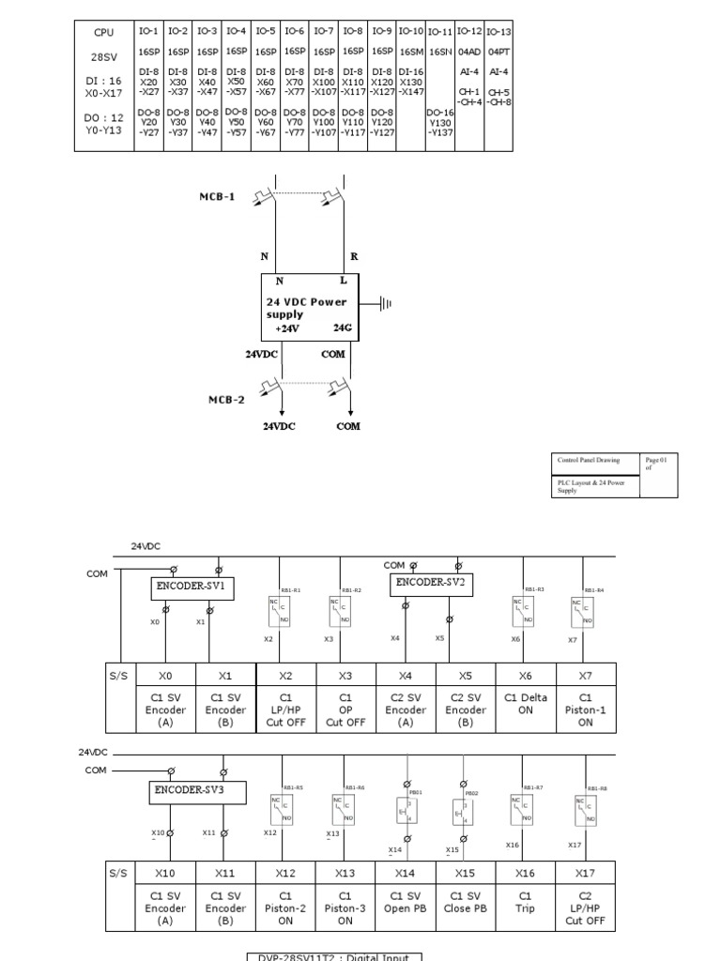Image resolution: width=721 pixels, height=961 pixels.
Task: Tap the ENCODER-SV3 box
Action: click(x=196, y=792)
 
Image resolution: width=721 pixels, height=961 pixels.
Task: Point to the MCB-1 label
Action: click(x=217, y=198)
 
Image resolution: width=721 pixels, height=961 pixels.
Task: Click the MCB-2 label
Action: click(x=226, y=399)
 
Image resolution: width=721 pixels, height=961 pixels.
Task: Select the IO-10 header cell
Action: click(x=411, y=31)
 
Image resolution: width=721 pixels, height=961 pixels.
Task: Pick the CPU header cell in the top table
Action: click(x=103, y=32)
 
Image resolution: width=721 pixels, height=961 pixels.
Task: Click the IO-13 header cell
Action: click(x=499, y=32)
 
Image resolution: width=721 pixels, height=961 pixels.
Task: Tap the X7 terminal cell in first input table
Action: click(x=586, y=675)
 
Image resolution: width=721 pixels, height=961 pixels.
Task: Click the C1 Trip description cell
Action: click(x=526, y=902)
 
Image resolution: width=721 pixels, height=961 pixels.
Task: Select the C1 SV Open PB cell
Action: click(x=406, y=902)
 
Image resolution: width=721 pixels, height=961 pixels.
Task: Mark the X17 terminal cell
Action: click(x=586, y=873)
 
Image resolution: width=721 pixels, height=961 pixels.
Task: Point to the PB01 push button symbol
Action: click(x=407, y=810)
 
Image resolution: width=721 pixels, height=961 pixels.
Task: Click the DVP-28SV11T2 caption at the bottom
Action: click(x=334, y=955)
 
